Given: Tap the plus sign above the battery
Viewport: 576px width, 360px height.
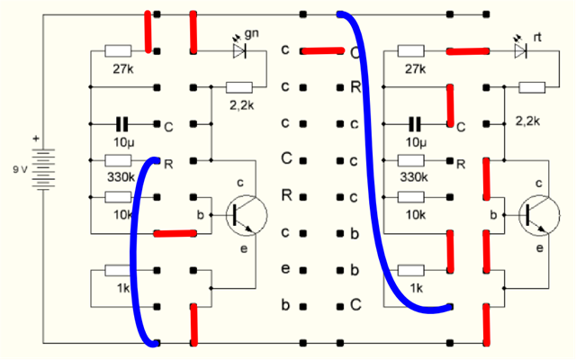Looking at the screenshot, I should click(x=37, y=139).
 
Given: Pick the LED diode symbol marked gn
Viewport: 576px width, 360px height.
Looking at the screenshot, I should click(x=239, y=51).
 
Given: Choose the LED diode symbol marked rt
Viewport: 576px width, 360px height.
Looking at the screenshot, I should click(x=519, y=51).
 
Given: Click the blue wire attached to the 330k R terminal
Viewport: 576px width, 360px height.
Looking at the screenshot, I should click(x=137, y=252).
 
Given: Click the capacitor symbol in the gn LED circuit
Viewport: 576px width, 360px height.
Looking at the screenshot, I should click(x=121, y=124).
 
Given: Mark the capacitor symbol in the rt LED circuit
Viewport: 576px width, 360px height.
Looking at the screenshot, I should click(x=415, y=124).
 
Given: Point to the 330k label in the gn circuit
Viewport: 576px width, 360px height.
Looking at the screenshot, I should click(x=121, y=176).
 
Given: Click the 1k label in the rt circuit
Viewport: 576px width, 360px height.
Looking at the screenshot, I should click(x=415, y=287).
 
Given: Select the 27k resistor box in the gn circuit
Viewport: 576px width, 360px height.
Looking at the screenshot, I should click(x=119, y=51).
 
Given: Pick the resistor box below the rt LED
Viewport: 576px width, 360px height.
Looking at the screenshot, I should click(x=532, y=87).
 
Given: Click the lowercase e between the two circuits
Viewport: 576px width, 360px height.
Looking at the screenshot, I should click(x=284, y=269).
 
